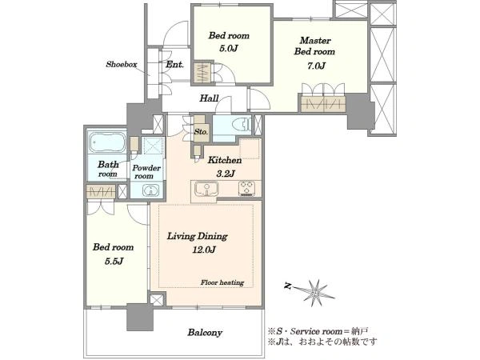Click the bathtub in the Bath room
107,142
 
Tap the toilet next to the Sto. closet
242,126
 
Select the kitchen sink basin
206,189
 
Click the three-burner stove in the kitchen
246,188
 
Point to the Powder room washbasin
151,190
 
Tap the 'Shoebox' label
122,64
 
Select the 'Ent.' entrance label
174,65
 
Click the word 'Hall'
209,98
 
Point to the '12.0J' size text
204,250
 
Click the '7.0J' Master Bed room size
316,66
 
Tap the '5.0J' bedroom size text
228,49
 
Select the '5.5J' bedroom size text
114,261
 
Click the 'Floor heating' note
222,282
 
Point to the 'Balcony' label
205,333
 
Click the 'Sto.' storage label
201,132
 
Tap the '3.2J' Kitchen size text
226,174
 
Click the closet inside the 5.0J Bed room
202,73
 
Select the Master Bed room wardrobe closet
323,103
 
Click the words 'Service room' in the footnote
316,331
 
